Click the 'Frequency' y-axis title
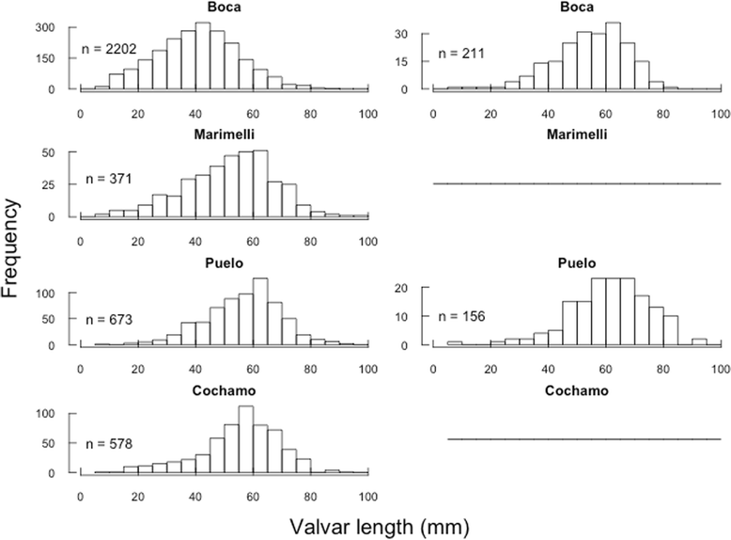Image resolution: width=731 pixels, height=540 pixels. coord(13,248)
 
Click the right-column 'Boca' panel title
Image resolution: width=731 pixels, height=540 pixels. coord(576,8)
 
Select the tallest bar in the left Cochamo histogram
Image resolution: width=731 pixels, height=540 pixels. coord(245,439)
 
